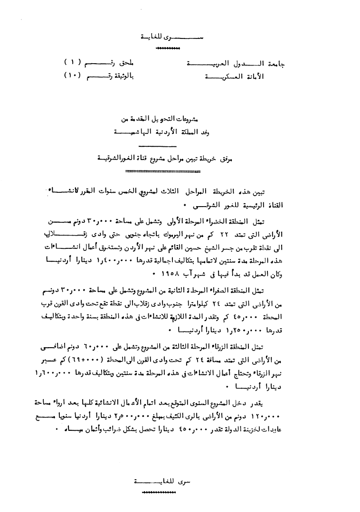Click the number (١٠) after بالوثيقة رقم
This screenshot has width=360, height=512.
74,76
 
